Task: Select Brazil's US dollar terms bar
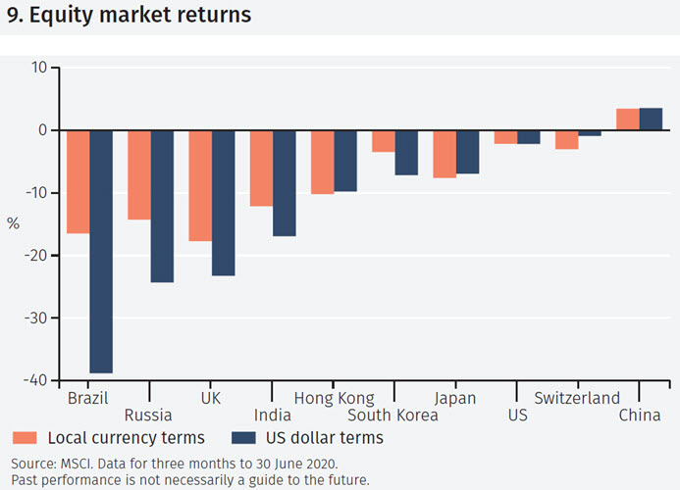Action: [101, 251]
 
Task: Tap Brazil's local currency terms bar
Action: [78, 181]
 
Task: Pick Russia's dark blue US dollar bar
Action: [162, 206]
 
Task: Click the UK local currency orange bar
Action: [200, 185]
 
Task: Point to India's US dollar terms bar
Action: [285, 182]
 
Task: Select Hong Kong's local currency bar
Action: [322, 162]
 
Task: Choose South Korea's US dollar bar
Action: [406, 152]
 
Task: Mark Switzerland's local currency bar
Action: [566, 139]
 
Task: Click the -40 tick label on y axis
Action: [34, 380]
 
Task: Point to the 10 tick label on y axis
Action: [38, 68]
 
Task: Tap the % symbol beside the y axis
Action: [13, 223]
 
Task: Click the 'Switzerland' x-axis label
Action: [577, 398]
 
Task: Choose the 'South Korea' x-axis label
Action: [392, 416]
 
